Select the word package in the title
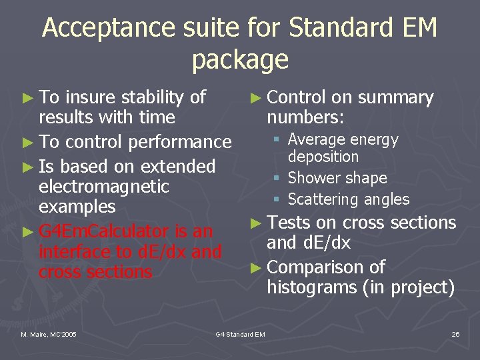click(240, 60)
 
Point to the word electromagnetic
click(104, 187)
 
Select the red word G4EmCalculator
click(105, 231)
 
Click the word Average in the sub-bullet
click(317, 140)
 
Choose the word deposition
click(323, 157)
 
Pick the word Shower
click(313, 178)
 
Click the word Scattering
click(319, 199)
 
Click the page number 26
click(455, 334)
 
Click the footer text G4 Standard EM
click(241, 334)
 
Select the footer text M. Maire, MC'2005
click(48, 334)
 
